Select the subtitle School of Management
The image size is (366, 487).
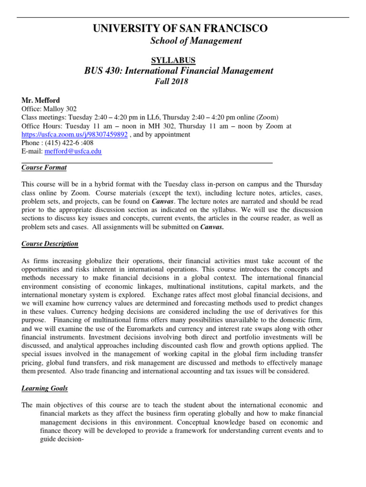click(x=196, y=41)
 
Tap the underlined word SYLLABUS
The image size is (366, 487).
click(x=173, y=60)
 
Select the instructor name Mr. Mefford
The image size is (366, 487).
click(x=40, y=100)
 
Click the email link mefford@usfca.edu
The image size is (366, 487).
click(x=72, y=152)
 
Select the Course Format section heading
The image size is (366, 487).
click(x=44, y=167)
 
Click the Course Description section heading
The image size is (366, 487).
click(x=50, y=244)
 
